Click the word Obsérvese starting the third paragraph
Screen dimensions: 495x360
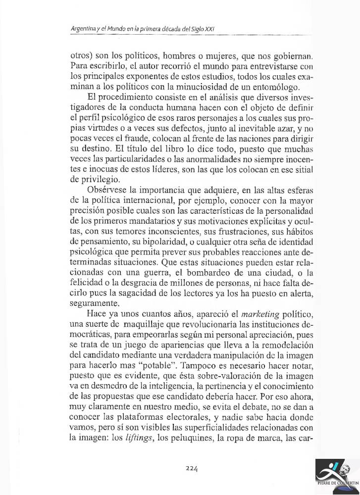tap(105, 191)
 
